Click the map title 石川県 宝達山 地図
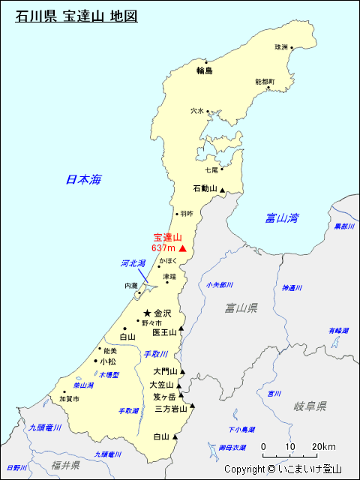[76, 16]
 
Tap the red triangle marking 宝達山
[182, 247]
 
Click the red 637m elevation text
[163, 248]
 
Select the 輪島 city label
[205, 71]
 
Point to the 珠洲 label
[280, 47]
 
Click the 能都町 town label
[265, 81]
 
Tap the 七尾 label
[211, 170]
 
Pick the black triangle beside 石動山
[222, 190]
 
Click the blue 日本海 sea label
[83, 179]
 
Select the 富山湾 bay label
[282, 218]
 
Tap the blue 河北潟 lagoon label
[133, 263]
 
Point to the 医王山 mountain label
[163, 331]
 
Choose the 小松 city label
[108, 361]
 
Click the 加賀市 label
[69, 400]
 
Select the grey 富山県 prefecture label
[241, 307]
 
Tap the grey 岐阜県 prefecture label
[310, 406]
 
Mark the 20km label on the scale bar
[324, 447]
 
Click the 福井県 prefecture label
[66, 466]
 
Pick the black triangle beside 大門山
[181, 371]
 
